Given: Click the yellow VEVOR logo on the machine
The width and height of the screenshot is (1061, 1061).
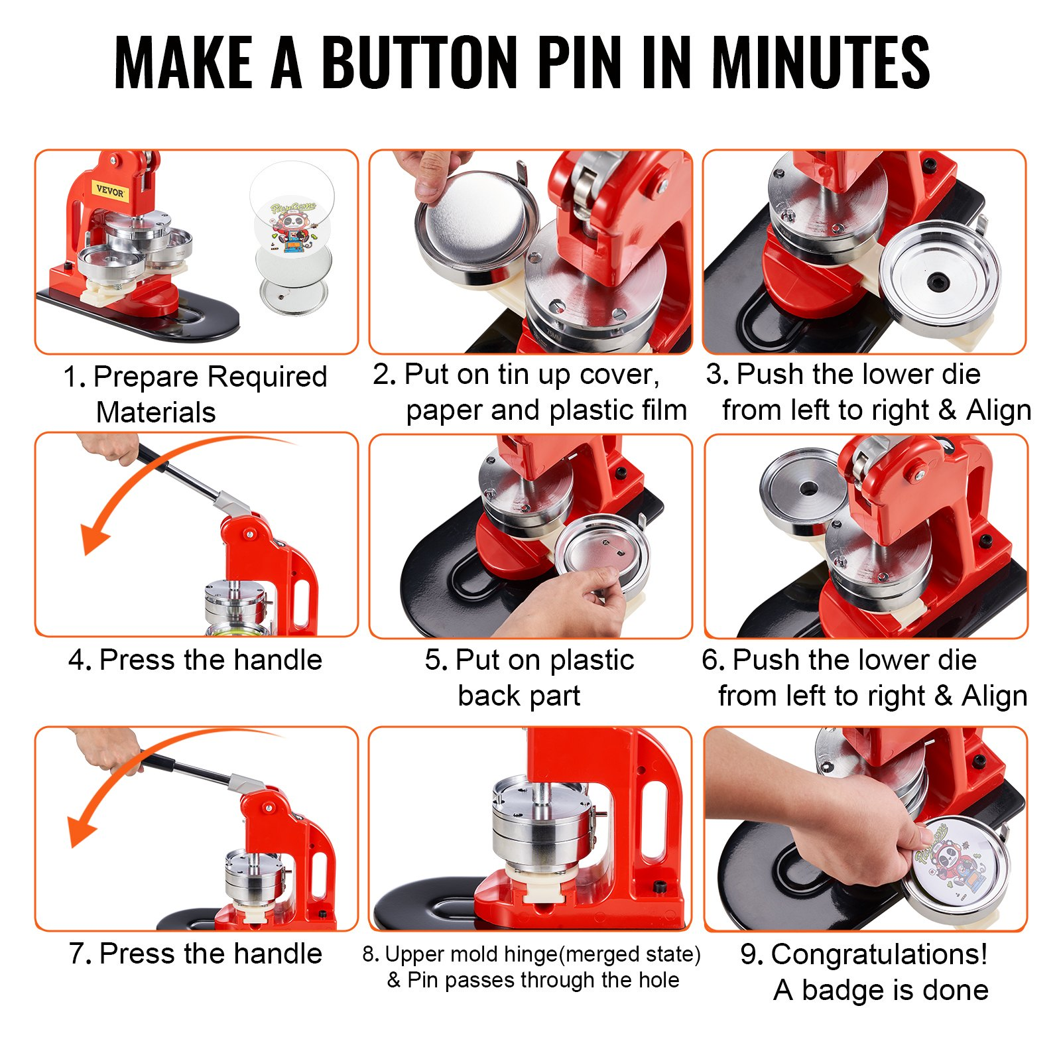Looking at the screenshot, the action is pyautogui.click(x=110, y=192).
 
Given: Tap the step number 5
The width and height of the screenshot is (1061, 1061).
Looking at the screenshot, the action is pyautogui.click(x=436, y=660).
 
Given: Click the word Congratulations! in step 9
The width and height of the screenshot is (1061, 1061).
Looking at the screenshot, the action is pyautogui.click(x=879, y=955).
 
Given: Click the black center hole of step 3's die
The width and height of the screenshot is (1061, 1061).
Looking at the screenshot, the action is pyautogui.click(x=936, y=282).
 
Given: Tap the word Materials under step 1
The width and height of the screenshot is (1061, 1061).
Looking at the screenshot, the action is pyautogui.click(x=156, y=412).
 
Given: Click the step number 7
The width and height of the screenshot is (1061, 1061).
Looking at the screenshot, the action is pyautogui.click(x=79, y=954).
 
